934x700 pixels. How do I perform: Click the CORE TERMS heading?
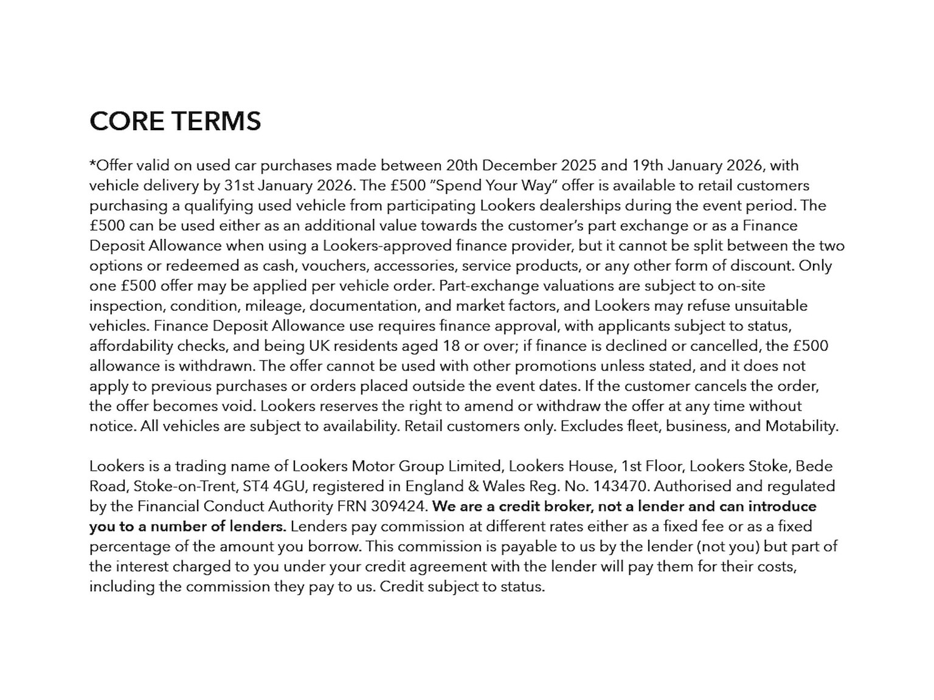pyautogui.click(x=175, y=121)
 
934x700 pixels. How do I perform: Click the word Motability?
pyautogui.click(x=801, y=426)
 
